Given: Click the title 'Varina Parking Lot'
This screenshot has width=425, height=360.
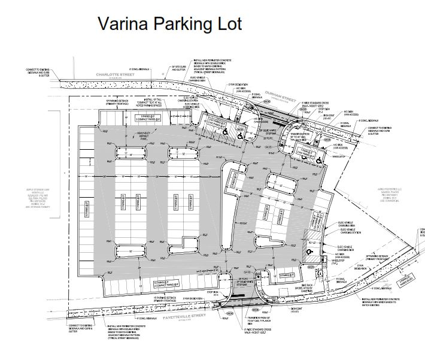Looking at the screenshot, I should click(x=169, y=24).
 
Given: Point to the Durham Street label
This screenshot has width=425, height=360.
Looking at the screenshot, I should click(x=274, y=99).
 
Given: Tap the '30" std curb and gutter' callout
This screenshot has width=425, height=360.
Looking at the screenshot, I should click(x=179, y=68).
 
